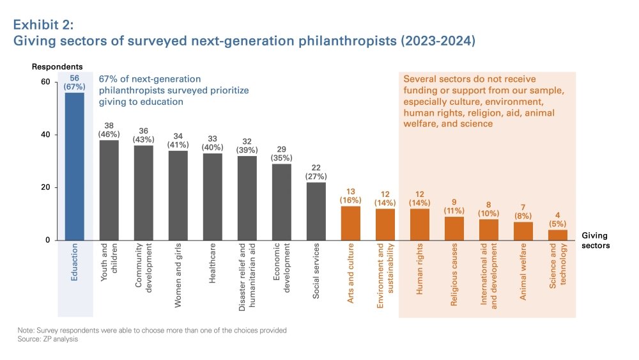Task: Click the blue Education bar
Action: coord(75,166)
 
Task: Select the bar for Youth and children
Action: coord(109,190)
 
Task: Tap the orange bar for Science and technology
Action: coord(558,235)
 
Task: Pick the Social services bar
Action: coord(316,211)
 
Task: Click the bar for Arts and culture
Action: coord(351,223)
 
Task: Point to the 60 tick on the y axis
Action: coord(45,82)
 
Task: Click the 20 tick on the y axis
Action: coord(45,187)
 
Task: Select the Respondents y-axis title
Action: coord(58,67)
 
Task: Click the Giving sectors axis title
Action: coord(595,240)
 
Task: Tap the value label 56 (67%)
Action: coord(75,82)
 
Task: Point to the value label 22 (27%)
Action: coord(316,171)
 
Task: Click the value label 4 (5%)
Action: coord(558,219)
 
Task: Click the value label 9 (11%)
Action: coord(454,206)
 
